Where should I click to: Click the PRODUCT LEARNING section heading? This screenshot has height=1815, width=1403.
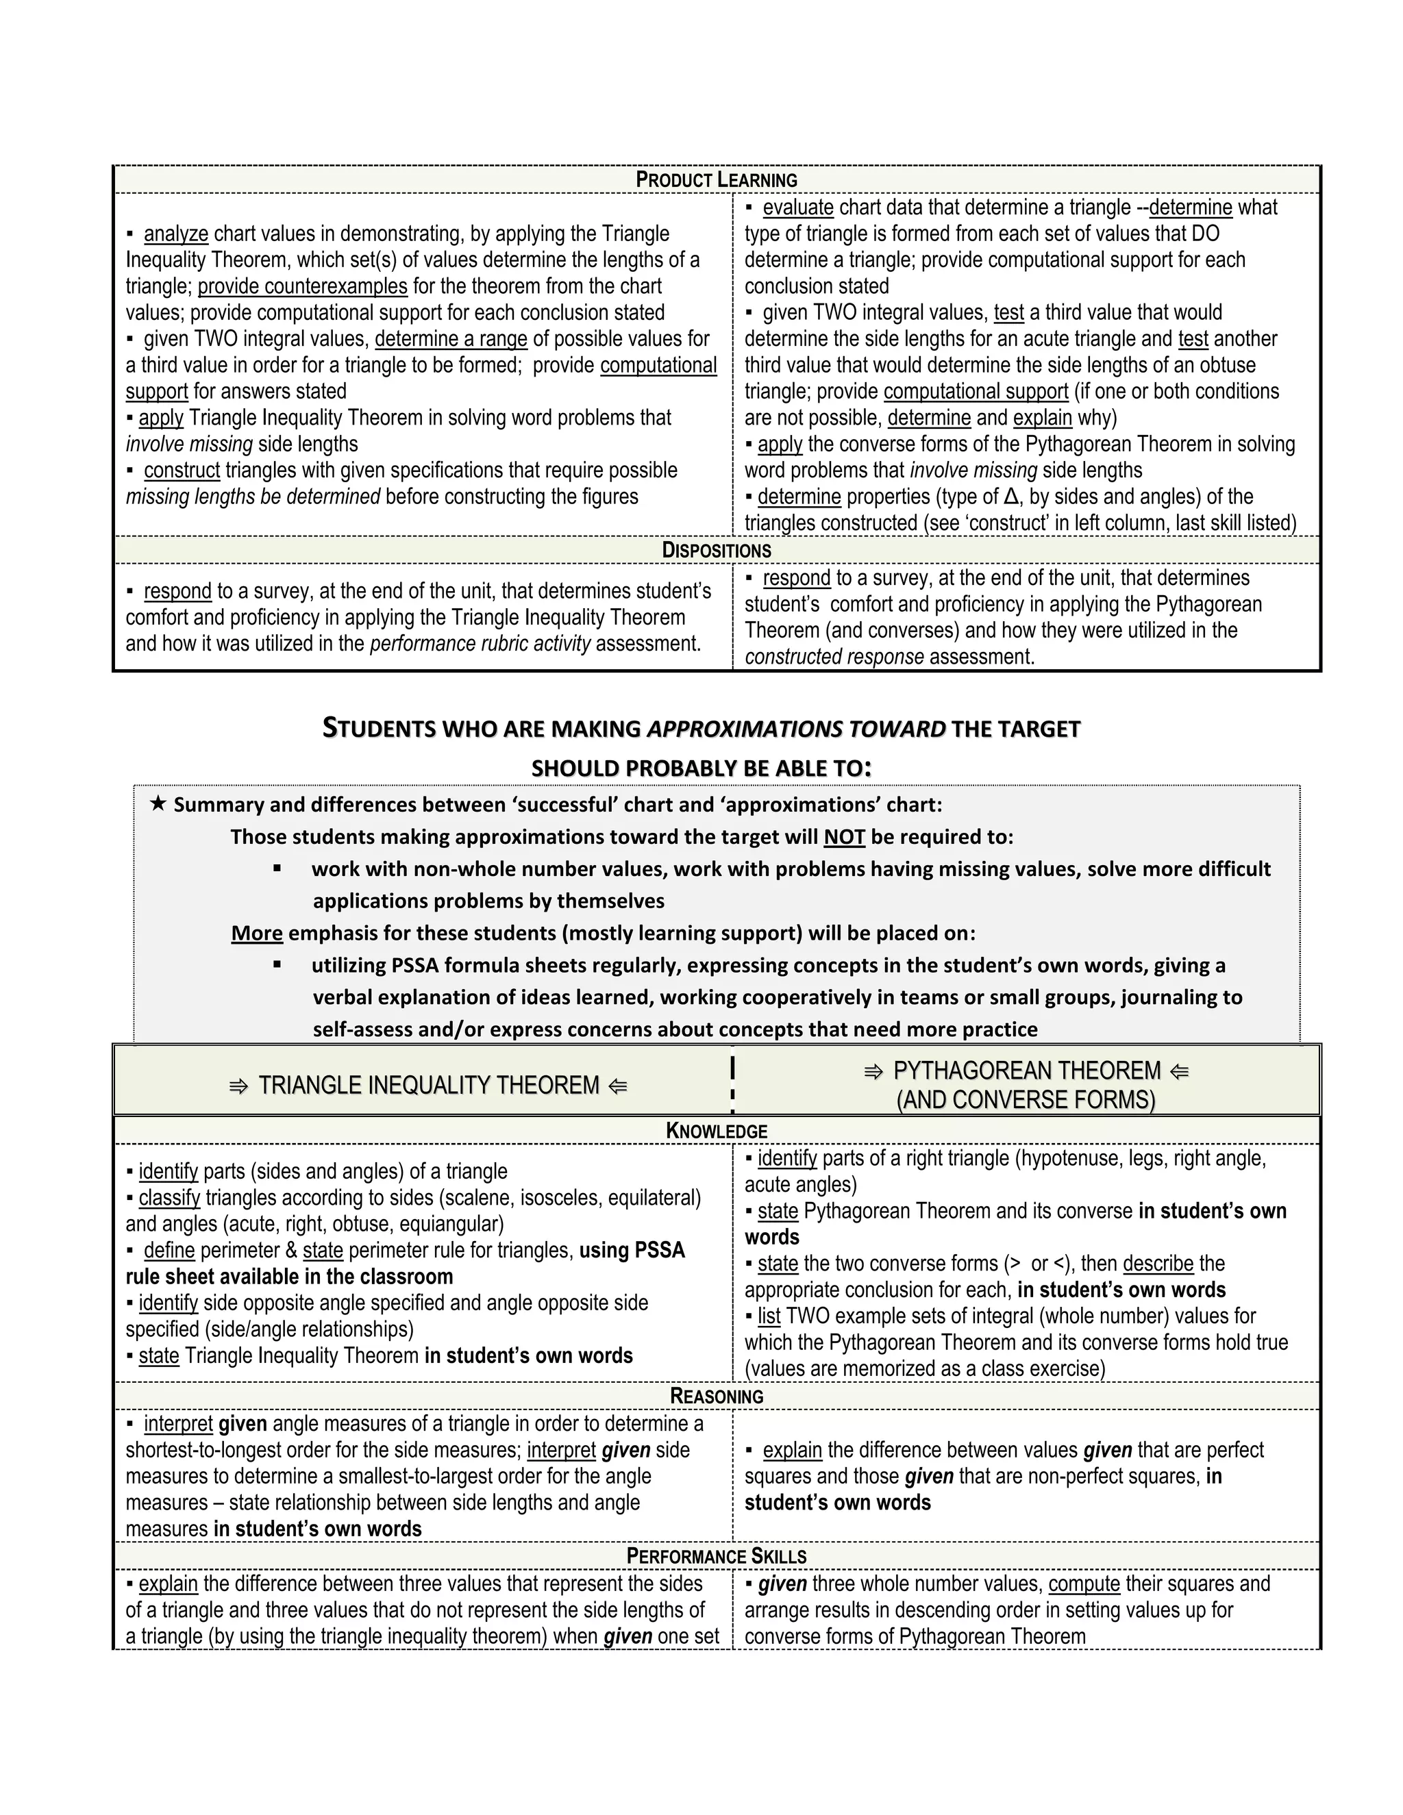pos(716,179)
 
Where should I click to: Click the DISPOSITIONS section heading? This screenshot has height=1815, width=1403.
pos(716,550)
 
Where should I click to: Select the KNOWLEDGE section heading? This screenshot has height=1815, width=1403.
pos(716,1130)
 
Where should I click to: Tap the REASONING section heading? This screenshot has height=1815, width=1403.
pos(716,1395)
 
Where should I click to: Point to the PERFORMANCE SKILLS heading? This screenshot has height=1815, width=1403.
pos(716,1555)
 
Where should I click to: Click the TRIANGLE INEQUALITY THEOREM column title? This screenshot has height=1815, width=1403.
pos(428,1086)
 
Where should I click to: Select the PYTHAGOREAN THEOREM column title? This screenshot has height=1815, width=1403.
pos(1026,1071)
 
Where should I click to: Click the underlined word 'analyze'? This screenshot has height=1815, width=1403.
pos(175,234)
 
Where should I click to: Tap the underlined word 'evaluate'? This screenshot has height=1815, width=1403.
pos(797,207)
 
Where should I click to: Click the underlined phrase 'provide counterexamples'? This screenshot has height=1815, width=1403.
pos(303,287)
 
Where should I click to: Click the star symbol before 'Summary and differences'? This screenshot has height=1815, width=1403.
pos(158,803)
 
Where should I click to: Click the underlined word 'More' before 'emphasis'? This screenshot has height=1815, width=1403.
pos(257,934)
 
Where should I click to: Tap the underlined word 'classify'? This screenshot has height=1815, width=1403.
pos(170,1197)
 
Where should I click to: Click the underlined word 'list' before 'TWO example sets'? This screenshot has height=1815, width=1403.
pos(769,1316)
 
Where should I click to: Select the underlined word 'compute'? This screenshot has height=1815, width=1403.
pos(1084,1584)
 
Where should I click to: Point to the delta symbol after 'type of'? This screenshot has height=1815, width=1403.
pos(1010,497)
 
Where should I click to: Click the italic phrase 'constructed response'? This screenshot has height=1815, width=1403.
pos(834,657)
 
